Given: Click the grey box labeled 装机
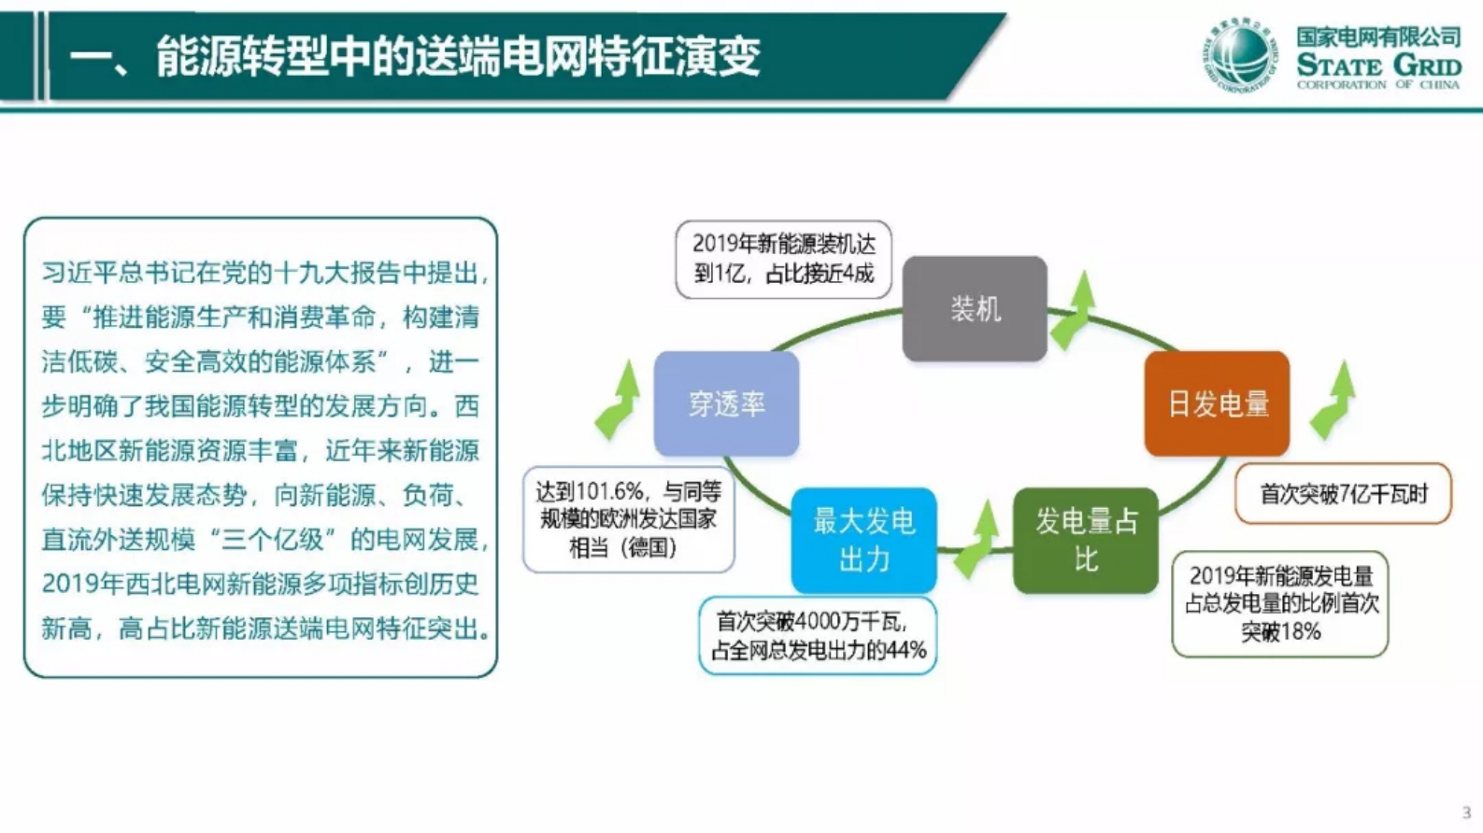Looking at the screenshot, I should point(975,309).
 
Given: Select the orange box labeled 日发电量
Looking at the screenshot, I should point(1217,403).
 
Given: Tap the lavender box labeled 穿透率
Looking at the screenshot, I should point(726,403).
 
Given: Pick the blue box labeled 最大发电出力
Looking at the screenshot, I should point(863,540).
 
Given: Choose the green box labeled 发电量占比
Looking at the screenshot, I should point(1085,540).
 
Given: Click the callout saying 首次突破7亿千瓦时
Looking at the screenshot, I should point(1343,493).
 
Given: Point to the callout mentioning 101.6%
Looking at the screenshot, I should point(628,519).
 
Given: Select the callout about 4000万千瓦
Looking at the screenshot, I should point(818,635).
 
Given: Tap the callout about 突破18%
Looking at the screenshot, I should point(1279,603).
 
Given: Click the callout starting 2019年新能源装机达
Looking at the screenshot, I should point(783,259).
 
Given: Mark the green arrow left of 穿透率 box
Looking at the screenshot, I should point(619,402).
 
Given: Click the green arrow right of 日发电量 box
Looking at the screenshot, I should point(1334,402).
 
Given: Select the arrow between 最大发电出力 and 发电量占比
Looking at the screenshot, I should point(976,540).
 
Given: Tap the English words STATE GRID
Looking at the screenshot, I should point(1378,66).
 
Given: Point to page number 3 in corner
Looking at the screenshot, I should point(1466,812).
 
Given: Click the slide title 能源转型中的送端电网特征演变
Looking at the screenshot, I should point(458,56).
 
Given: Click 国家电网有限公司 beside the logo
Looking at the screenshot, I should point(1378,37).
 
